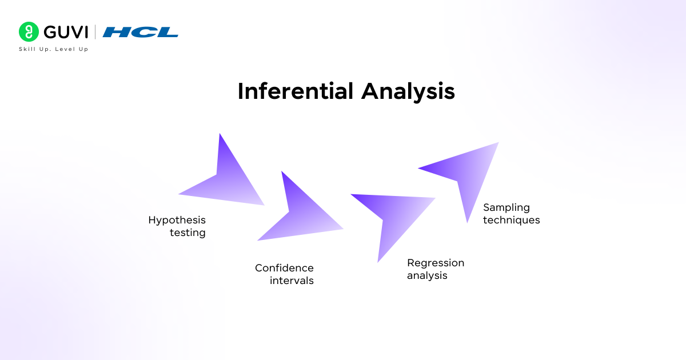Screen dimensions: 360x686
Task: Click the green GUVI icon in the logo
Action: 29,32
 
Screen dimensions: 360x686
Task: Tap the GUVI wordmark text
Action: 66,32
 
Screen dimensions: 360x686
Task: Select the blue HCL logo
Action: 141,32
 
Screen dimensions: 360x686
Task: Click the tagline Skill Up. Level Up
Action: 53,49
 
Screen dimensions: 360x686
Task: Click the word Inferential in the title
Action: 296,91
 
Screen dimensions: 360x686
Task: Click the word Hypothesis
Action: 177,221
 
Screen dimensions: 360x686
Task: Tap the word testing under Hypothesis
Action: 188,233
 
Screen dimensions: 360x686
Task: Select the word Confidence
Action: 284,268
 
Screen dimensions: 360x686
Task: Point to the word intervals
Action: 292,281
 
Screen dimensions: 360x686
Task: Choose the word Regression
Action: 436,263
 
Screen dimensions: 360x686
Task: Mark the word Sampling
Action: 506,207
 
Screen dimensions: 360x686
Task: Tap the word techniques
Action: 511,220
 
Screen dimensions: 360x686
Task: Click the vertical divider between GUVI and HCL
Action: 95,32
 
